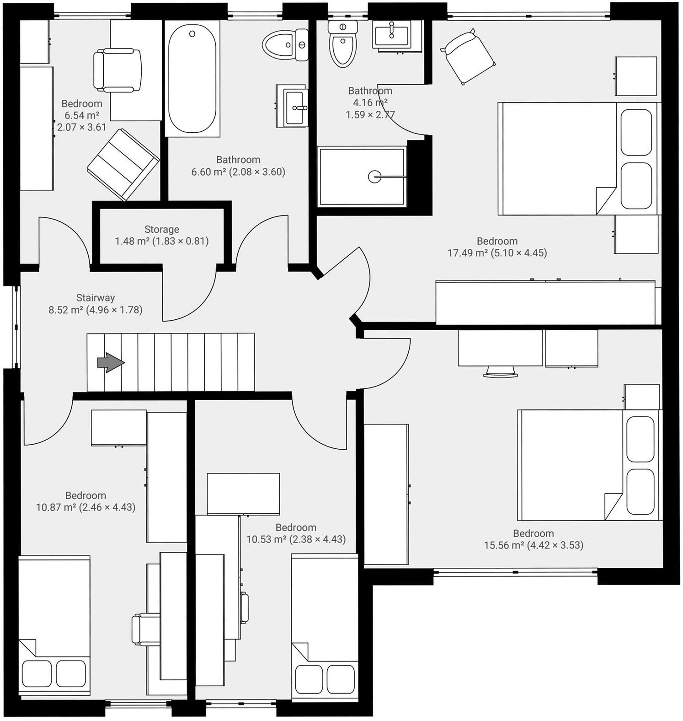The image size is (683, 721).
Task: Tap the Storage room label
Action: (162, 229)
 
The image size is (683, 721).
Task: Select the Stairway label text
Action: (96, 298)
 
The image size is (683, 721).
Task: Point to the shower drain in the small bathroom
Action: (374, 177)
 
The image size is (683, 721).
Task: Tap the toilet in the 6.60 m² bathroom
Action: (286, 45)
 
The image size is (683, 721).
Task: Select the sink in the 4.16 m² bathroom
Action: (391, 34)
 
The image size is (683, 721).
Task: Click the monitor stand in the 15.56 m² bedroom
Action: (501, 371)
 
